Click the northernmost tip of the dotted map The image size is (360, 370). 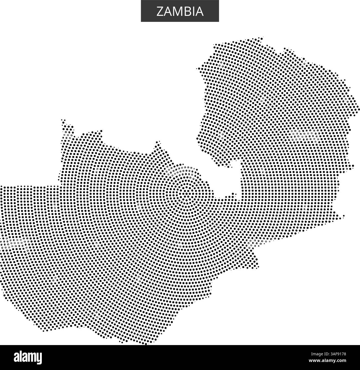coord(261,37)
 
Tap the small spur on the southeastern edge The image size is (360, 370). coord(343,216)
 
